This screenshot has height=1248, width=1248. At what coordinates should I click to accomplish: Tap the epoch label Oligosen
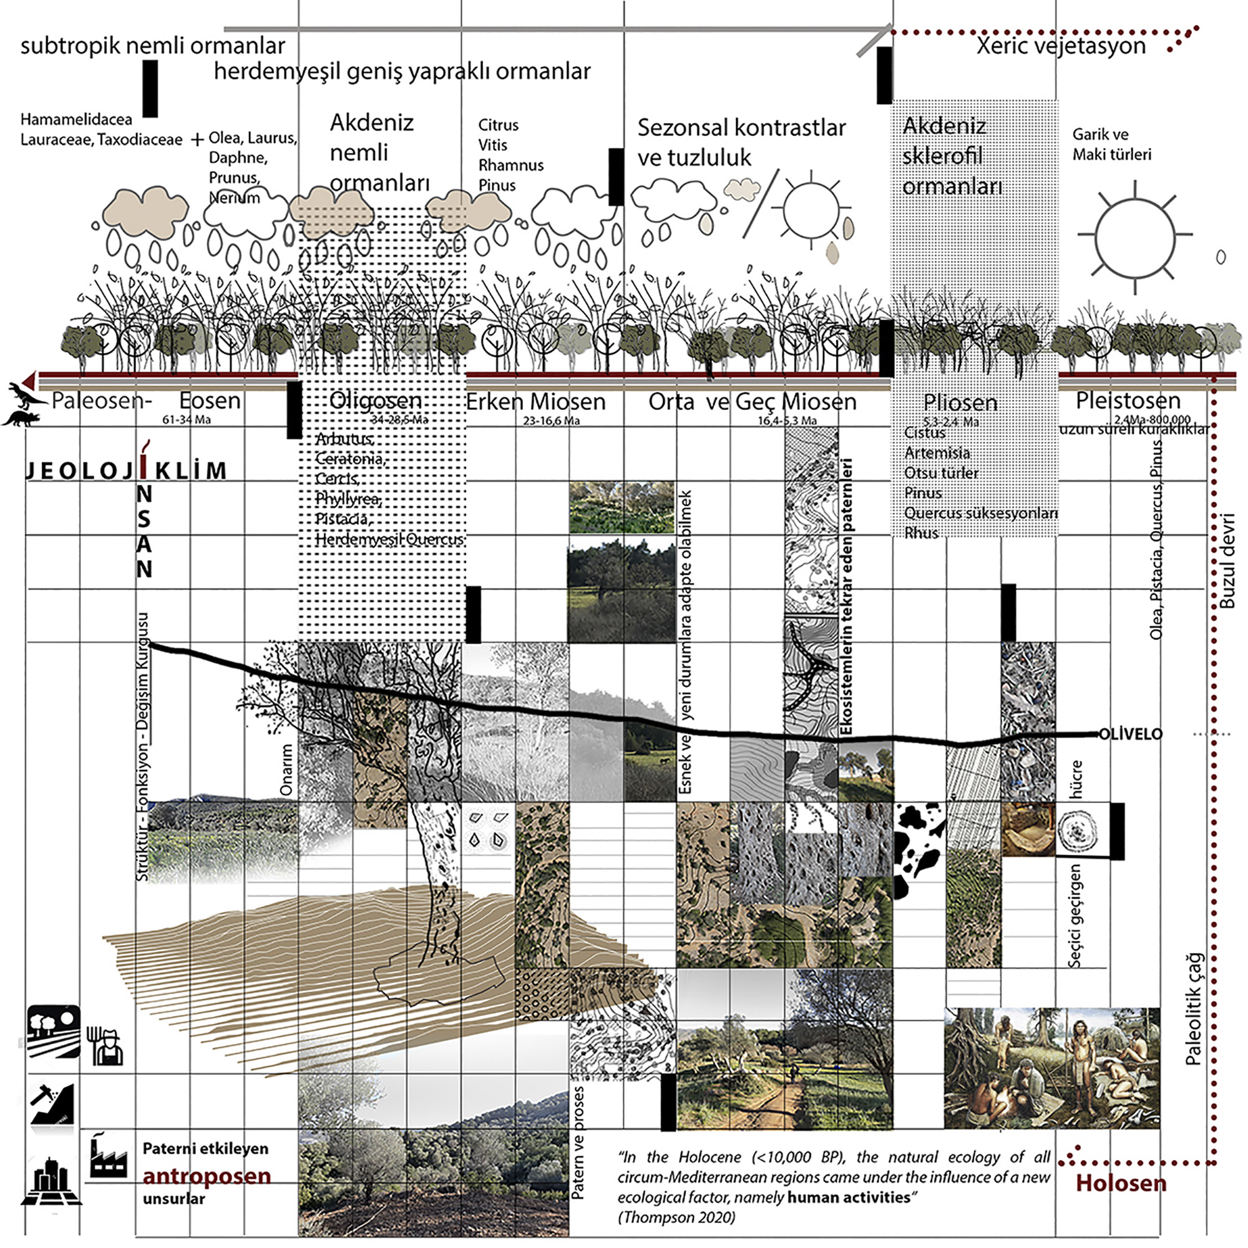pyautogui.click(x=375, y=401)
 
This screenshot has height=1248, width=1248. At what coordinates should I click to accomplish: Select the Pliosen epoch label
pyautogui.click(x=960, y=402)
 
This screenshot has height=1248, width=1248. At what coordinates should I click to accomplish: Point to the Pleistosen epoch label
pyautogui.click(x=1128, y=401)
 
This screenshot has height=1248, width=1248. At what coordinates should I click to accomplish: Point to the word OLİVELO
pyautogui.click(x=1130, y=734)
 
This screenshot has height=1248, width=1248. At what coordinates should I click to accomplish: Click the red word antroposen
pyautogui.click(x=207, y=1176)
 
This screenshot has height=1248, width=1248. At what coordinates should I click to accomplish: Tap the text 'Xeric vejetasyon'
pyautogui.click(x=1061, y=46)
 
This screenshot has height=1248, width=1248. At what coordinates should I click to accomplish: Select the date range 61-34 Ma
pyautogui.click(x=186, y=420)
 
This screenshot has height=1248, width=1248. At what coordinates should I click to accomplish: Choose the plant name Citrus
pyautogui.click(x=498, y=125)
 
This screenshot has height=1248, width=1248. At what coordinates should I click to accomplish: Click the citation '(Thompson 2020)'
pyautogui.click(x=676, y=1217)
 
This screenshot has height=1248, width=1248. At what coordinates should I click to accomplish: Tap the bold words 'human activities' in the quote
pyautogui.click(x=848, y=1197)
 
